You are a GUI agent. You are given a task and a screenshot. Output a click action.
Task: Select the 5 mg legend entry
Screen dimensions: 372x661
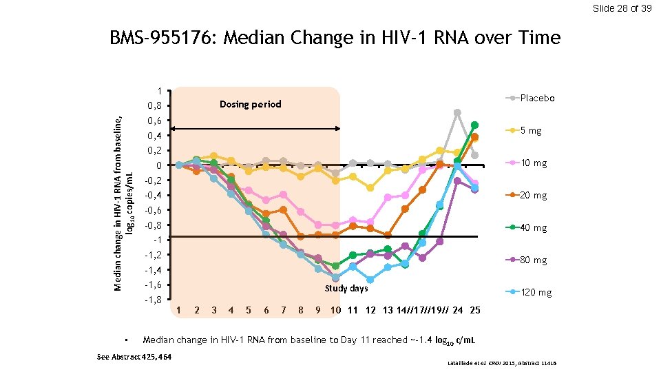tap(530, 130)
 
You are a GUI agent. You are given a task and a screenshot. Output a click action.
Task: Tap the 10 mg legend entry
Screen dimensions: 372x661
tap(533, 163)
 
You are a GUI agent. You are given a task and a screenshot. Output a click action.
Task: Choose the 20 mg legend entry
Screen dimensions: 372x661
tap(533, 196)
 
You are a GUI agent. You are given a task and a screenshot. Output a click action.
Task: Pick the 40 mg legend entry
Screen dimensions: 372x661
tap(533, 228)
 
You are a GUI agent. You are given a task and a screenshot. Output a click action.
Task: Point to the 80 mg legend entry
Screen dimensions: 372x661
tap(533, 260)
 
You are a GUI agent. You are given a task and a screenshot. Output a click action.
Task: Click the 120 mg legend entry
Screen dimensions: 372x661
tap(536, 293)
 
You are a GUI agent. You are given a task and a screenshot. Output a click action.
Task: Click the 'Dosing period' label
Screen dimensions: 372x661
tap(250, 104)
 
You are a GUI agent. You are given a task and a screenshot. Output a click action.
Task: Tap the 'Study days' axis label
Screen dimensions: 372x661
tap(346, 288)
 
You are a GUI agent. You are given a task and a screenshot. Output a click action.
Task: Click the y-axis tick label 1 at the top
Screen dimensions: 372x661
tap(159, 91)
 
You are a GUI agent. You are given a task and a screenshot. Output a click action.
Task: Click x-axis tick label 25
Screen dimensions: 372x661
tap(474, 310)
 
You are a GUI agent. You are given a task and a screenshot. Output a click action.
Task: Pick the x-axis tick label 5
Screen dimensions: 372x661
tap(248, 310)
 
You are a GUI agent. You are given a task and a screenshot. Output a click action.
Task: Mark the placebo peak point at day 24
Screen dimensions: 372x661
tap(457, 112)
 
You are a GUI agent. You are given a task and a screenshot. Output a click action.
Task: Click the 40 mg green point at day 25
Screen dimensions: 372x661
tap(474, 125)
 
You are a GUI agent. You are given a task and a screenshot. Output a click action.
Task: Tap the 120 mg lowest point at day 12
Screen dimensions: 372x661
tap(370, 280)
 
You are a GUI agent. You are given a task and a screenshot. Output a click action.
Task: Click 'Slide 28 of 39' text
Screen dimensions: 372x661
tap(622, 8)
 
